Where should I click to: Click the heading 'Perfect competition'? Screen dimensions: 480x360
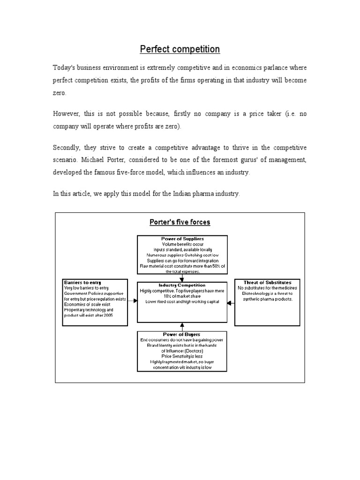pos(180,49)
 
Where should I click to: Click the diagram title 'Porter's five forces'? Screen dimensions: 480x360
pos(180,222)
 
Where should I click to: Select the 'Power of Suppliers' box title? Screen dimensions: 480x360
pos(182,239)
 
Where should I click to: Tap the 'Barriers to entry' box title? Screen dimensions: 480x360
pos(82,282)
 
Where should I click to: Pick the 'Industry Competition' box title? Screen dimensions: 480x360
pos(182,285)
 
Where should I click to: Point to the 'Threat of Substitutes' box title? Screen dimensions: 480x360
pos(268,282)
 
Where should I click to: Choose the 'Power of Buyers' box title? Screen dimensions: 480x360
pos(182,334)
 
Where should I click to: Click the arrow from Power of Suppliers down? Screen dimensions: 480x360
pos(182,277)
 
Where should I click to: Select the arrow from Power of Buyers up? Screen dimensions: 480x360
pos(182,325)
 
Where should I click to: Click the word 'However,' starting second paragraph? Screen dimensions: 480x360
pos(66,114)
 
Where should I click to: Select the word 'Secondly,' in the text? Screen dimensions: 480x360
pos(67,148)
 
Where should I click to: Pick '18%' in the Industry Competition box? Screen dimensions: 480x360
pos(169,296)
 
